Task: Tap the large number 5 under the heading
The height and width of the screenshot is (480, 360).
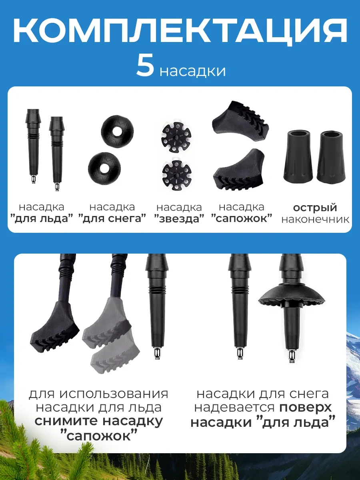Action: (x=145, y=66)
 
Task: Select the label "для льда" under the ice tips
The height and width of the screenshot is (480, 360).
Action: (x=42, y=219)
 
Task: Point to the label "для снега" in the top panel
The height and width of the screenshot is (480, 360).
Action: (x=112, y=219)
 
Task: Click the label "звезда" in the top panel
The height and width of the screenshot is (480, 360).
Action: (x=179, y=219)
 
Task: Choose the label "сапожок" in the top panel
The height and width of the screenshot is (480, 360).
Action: (x=242, y=218)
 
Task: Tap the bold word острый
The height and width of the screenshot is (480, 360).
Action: (x=315, y=208)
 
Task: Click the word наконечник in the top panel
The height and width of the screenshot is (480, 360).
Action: (x=315, y=220)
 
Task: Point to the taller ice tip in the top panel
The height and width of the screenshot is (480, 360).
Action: (x=33, y=144)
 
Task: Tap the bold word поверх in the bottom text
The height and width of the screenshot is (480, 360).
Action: (x=306, y=408)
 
